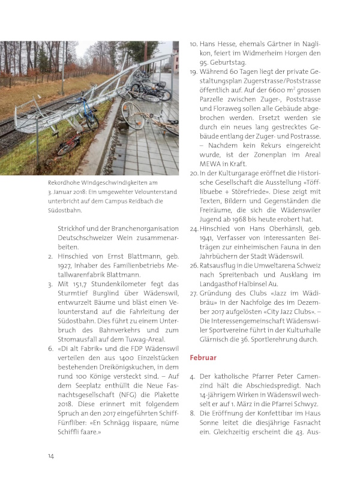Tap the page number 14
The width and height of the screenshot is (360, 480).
pos(52,457)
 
